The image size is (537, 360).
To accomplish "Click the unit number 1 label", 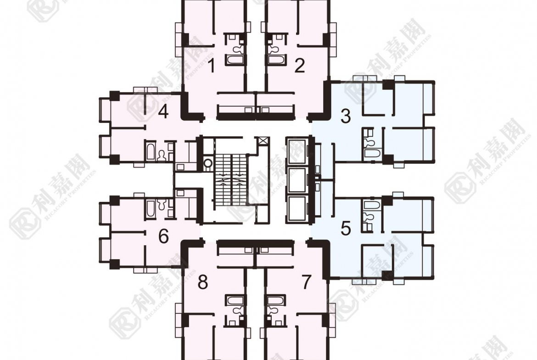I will pyautogui.click(x=211, y=67).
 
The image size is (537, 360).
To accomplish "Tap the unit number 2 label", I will pyautogui.click(x=299, y=66).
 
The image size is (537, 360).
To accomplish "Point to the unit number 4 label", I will pyautogui.click(x=163, y=112).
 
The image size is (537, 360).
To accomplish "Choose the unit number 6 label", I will pyautogui.click(x=163, y=237).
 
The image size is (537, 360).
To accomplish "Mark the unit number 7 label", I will pyautogui.click(x=306, y=283).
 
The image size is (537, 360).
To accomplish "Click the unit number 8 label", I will pyautogui.click(x=202, y=283).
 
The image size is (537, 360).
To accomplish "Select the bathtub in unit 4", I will pyautogui.click(x=151, y=152).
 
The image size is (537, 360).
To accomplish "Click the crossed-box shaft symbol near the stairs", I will pyautogui.click(x=263, y=141).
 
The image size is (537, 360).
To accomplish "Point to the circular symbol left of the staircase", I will pyautogui.click(x=207, y=162).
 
